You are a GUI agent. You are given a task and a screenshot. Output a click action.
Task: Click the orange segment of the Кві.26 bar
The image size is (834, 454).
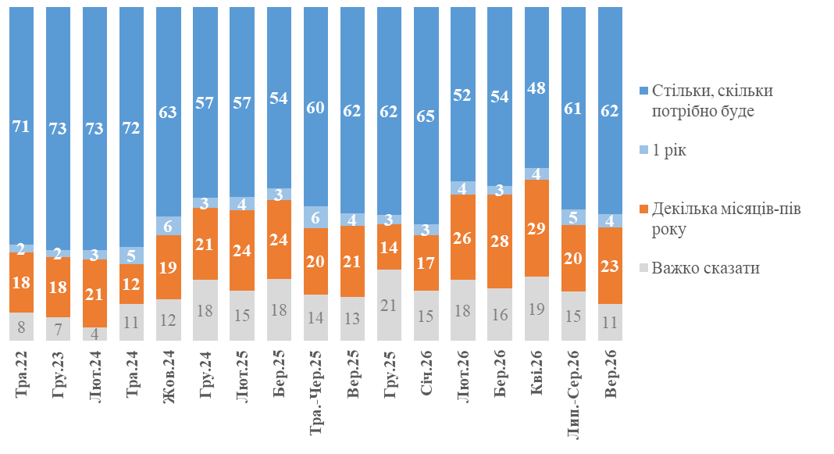pos(536,228)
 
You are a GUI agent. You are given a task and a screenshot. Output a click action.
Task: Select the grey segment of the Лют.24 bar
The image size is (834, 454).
pos(94,334)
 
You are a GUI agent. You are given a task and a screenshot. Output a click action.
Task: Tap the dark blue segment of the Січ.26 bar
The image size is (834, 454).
pos(426,116)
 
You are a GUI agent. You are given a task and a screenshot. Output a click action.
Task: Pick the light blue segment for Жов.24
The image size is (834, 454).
pos(169,226)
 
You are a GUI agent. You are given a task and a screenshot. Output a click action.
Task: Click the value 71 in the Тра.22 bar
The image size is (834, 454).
pos(21,127)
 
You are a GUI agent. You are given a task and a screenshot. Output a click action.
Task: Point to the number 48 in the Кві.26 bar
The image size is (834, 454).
pos(536,88)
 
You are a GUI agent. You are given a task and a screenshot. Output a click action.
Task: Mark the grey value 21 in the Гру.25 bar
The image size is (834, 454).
pos(390,305)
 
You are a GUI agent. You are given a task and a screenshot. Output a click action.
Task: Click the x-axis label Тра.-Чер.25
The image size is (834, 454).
pos(316,392)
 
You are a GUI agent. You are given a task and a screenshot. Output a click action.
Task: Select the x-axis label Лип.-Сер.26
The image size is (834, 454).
pos(574,395)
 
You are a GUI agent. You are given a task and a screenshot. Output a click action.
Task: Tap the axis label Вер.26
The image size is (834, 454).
pos(611,374)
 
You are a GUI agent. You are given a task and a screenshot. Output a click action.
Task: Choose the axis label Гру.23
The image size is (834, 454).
pos(58,375)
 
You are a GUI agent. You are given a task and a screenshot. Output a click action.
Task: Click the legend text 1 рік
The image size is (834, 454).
pos(669,151)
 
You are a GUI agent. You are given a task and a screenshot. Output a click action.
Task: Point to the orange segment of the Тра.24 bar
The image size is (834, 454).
pos(131,284)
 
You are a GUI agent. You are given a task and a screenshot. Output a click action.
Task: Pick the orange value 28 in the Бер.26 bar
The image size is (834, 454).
pos(500,241)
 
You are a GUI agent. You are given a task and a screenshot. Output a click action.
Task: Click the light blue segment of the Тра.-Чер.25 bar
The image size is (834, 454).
pos(316,217)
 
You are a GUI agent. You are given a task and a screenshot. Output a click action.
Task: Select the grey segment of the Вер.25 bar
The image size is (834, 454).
pos(353,319)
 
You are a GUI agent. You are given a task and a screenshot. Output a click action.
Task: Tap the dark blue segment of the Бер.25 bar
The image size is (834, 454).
pos(280,98)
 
